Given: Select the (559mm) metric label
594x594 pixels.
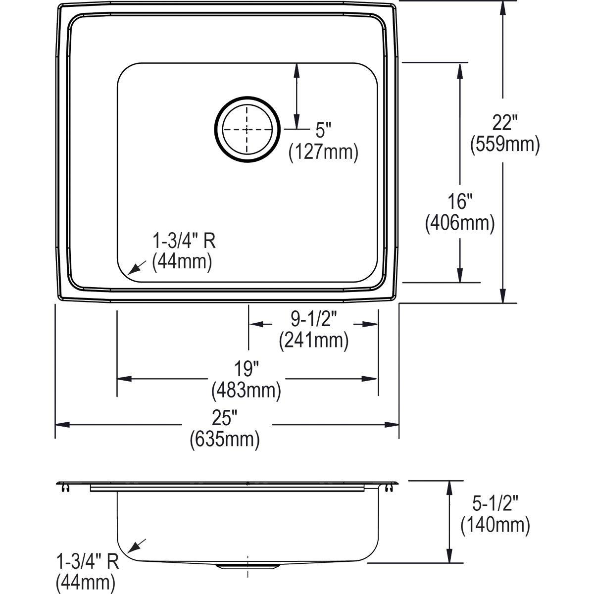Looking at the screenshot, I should [504, 144].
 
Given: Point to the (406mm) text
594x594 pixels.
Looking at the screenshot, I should [460, 223].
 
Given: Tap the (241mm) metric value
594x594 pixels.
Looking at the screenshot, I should [313, 341].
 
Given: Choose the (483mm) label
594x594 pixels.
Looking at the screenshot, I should [246, 391].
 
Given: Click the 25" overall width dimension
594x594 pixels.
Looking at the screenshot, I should [225, 418].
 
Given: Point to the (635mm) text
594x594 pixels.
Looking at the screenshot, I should [225, 440].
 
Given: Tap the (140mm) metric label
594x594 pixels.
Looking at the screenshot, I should [495, 525].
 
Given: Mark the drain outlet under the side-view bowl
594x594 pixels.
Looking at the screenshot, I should [247, 565].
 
